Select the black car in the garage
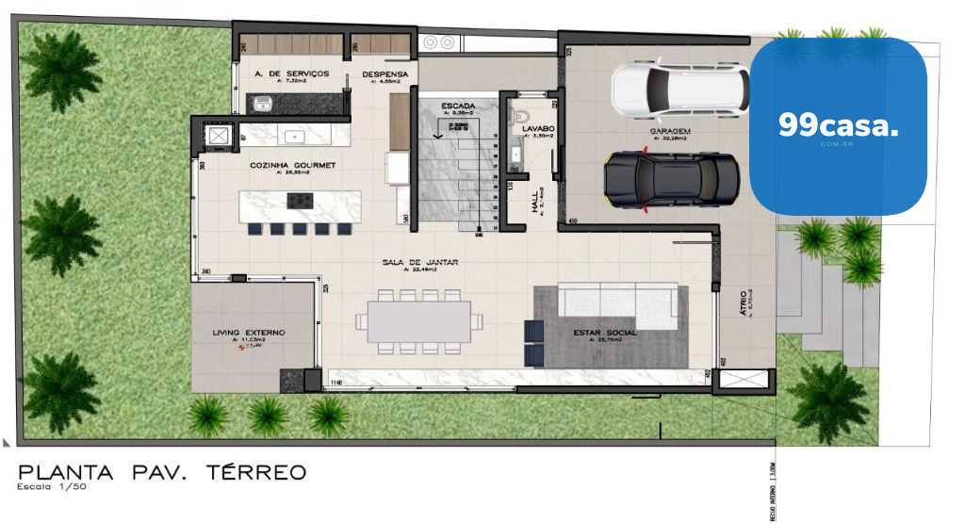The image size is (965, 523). click(670, 178)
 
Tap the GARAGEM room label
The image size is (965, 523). click(670, 131)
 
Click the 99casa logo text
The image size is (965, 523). click(838, 126)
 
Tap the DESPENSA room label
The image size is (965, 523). click(384, 73)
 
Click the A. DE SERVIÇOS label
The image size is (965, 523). click(291, 73)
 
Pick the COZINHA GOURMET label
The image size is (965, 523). click(292, 165)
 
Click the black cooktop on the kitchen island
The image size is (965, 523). click(300, 200)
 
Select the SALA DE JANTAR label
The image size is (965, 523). click(419, 261)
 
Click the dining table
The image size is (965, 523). click(418, 321)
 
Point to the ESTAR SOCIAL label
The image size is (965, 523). click(604, 333)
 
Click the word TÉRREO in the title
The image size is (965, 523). click(255, 471)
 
